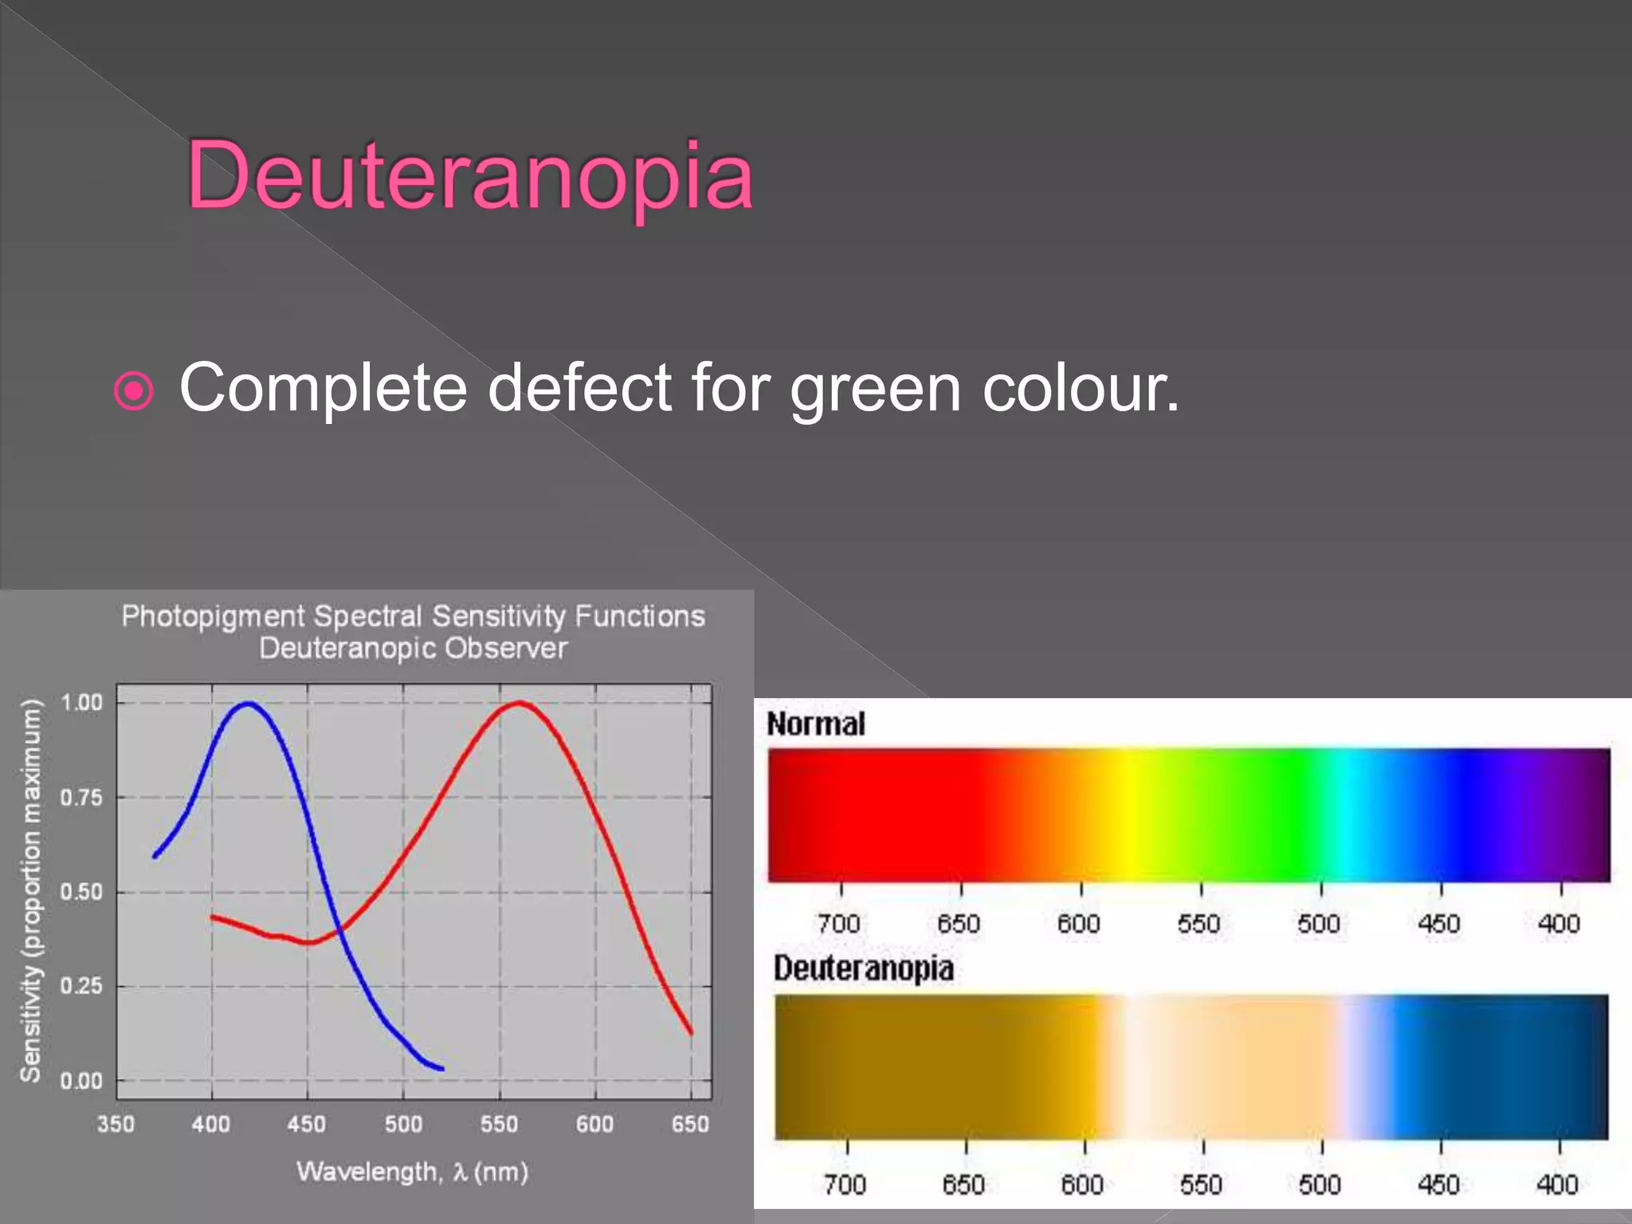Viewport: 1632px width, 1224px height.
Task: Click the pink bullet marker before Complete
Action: coord(133,390)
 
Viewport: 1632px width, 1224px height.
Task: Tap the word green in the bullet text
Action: coord(875,389)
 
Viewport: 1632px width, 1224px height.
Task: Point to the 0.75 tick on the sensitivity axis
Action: coord(81,798)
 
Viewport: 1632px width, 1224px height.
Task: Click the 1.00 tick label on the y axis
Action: coord(81,703)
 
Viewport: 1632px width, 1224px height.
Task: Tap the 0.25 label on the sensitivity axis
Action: coord(81,987)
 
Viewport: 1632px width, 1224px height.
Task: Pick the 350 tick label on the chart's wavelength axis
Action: coord(116,1124)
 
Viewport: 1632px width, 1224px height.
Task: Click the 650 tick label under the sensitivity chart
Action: coord(690,1124)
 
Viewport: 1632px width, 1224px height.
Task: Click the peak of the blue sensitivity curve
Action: coord(249,703)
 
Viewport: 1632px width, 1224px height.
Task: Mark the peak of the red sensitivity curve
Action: coord(519,702)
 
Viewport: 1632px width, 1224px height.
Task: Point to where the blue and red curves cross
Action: coord(339,929)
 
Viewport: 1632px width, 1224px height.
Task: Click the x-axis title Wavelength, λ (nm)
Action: coord(412,1172)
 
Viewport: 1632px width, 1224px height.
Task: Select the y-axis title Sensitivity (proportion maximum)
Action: coord(30,890)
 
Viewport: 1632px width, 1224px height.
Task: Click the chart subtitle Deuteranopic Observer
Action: coord(413,649)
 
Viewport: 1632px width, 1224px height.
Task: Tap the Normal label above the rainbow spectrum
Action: coord(815,724)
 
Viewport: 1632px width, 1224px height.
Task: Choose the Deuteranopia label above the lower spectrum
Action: coord(863,969)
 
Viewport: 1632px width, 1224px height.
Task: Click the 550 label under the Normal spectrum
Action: coord(1198,924)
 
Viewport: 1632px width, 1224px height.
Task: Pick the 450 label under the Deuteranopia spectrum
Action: coord(1438,1185)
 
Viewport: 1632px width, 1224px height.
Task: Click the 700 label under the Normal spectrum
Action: coord(838,924)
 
